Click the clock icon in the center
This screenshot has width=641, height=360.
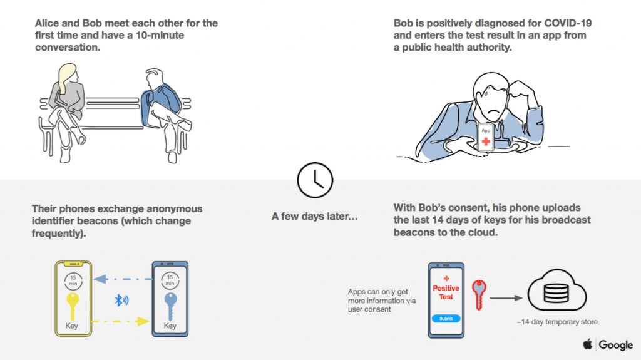click(315, 180)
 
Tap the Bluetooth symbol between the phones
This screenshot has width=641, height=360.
click(121, 301)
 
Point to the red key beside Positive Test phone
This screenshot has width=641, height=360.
click(479, 294)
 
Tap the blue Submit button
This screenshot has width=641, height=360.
click(446, 318)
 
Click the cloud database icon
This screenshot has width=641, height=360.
click(556, 291)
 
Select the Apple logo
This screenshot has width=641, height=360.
click(588, 344)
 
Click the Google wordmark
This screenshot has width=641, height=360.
click(616, 345)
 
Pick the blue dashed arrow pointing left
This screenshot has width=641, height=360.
click(123, 279)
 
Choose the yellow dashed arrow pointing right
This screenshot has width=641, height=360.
click(121, 321)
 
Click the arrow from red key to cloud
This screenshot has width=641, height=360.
click(506, 298)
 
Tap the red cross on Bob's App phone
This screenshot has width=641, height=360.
click(486, 141)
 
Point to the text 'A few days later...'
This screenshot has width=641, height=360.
click(315, 216)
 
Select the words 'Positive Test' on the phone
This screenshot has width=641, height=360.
click(446, 292)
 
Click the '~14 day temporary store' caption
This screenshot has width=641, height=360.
click(556, 322)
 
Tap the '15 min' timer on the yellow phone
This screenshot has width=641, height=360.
click(73, 280)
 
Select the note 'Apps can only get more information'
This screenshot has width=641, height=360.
click(382, 301)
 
